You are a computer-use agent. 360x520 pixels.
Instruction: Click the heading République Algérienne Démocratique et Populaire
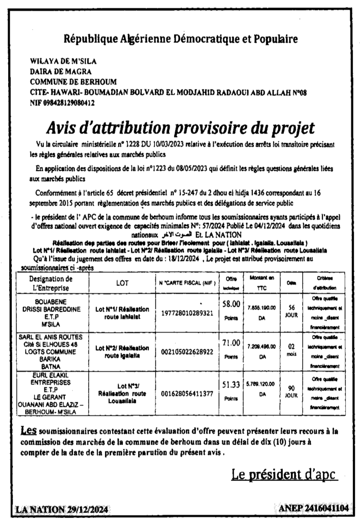[x=181, y=39]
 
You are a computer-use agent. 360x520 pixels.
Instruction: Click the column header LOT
[x=122, y=283]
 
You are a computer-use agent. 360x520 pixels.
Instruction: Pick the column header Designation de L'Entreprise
[x=51, y=283]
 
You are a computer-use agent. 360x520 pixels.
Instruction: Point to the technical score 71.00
[x=231, y=344]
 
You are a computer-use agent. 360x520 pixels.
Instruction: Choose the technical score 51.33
[x=231, y=386]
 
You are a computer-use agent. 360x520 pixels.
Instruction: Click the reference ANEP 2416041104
[x=314, y=508]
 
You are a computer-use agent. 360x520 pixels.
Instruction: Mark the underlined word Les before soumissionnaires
[x=28, y=430]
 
